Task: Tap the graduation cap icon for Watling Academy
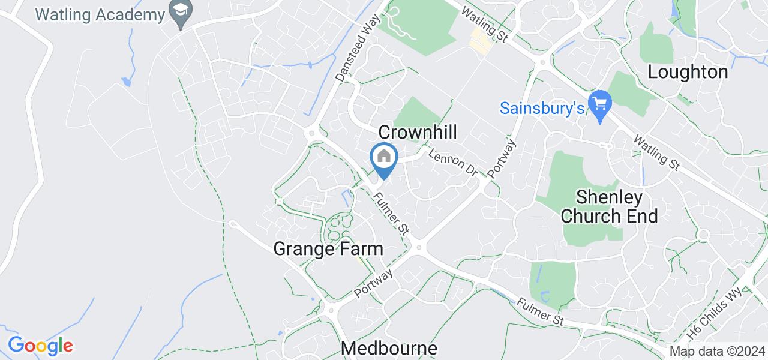178,10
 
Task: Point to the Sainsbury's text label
542,109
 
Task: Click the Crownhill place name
418,132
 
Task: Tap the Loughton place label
688,73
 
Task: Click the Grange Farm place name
328,248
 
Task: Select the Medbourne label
389,348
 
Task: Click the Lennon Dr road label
452,162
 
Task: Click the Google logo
40,346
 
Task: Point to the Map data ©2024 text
717,352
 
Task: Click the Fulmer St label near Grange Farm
391,212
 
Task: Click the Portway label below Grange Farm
373,283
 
